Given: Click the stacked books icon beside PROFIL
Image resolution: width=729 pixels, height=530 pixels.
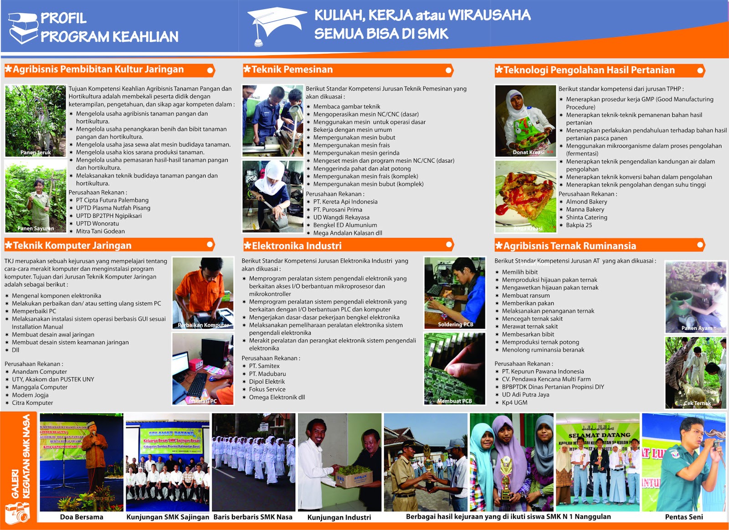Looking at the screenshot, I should pos(23,27).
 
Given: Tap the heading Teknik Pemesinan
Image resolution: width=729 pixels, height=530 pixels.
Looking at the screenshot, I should pos(292,70).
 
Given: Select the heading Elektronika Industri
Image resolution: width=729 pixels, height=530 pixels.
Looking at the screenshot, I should pos(297,246).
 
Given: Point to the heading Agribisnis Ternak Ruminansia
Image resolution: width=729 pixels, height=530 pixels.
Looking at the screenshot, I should pos(570,246).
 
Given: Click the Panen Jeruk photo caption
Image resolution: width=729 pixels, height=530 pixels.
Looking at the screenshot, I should pos(36,153).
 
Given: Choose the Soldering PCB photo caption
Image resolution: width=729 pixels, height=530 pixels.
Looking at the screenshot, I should pos(455,324).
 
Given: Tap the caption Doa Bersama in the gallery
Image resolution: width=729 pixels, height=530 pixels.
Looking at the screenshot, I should pos(82,517).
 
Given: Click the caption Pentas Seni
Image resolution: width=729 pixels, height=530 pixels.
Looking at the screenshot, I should pos(684,517).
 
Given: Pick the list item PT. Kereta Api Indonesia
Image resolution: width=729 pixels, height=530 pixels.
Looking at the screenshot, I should pos(345,202).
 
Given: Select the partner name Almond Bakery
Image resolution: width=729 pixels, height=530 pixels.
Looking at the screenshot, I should pos(586,202).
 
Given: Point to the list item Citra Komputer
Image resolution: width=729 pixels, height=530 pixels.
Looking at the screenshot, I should pos(32,403).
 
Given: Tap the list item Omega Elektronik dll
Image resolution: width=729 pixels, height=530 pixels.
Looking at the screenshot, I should pos(277,397).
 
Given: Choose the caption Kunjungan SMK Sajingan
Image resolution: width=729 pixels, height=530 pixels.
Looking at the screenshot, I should pos(168,517).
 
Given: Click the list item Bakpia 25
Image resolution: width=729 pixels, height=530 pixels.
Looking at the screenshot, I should pos(579,225).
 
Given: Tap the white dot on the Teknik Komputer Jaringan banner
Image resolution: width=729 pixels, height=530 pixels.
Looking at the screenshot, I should pos(210,245).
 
